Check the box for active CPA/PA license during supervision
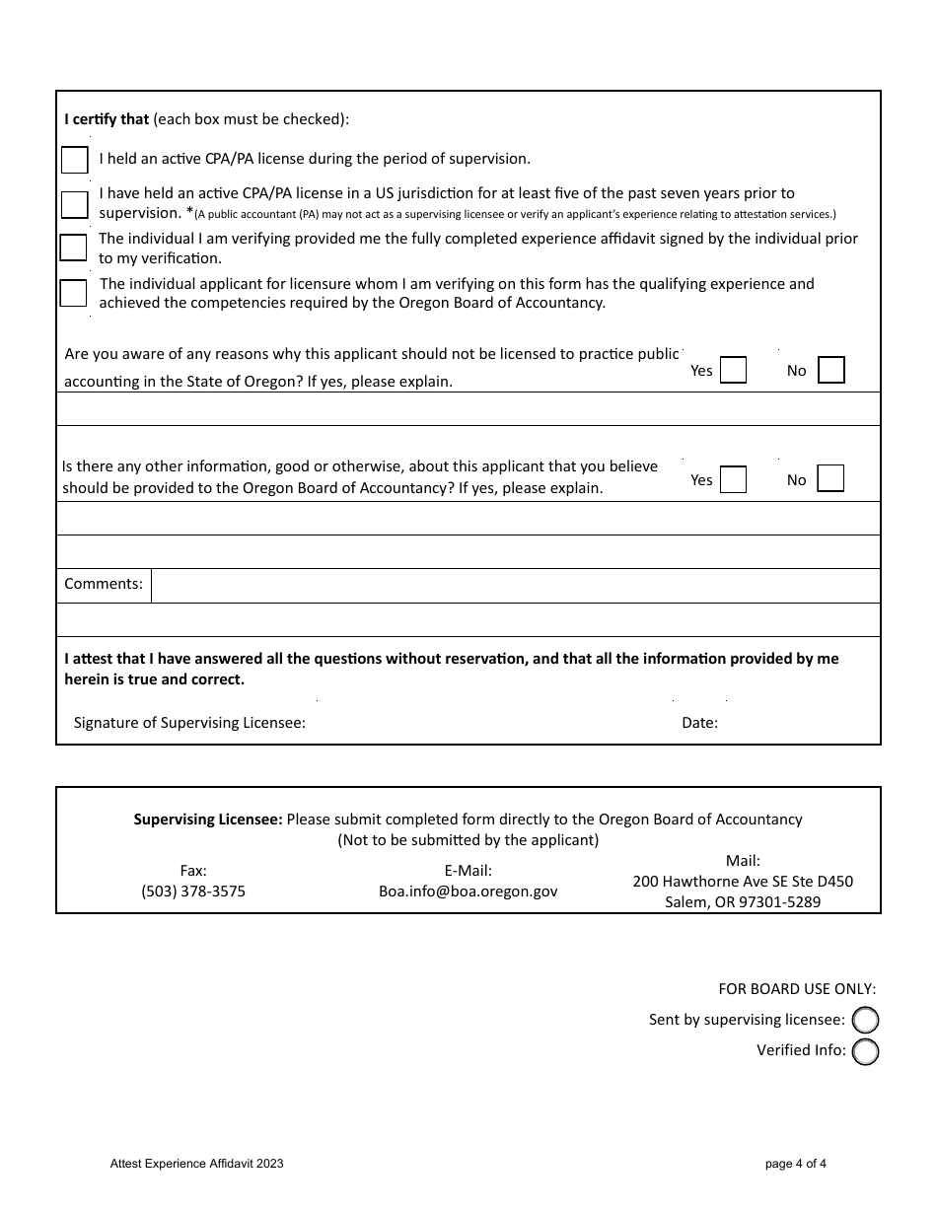pos(74,160)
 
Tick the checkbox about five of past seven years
pos(74,204)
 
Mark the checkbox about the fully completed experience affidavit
pos(73,248)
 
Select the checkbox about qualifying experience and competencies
pos(73,293)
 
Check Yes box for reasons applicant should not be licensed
pos(733,370)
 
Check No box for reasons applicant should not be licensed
pos(831,370)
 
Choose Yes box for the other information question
pos(733,479)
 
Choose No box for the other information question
pos(831,479)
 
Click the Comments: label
pos(104,584)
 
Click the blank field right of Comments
pos(515,586)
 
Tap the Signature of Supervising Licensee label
pos(189,723)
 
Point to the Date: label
pos(699,723)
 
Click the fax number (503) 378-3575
pos(193,892)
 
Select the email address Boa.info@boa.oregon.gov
pos(468,892)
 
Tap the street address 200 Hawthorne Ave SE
pos(743,882)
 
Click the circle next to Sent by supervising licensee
pos(865,1021)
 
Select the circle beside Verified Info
pos(865,1052)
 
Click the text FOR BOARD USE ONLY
pos(797,989)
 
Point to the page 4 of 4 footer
pos(795,1164)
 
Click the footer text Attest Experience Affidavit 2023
pos(197,1164)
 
